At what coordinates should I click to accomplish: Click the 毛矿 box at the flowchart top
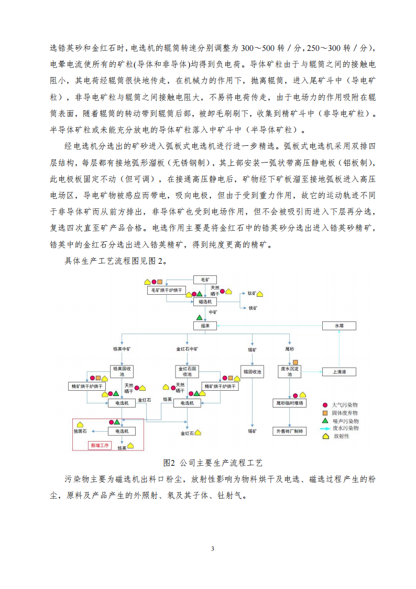pyautogui.click(x=205, y=280)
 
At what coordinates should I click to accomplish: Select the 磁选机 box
pyautogui.click(x=205, y=302)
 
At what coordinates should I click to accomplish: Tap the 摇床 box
pyautogui.click(x=205, y=326)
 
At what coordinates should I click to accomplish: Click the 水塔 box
pyautogui.click(x=339, y=326)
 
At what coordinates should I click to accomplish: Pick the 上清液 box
pyautogui.click(x=339, y=372)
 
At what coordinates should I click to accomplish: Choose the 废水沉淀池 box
pyautogui.click(x=290, y=371)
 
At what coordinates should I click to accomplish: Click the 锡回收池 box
pyautogui.click(x=252, y=372)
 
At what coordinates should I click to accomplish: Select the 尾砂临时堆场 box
pyautogui.click(x=290, y=403)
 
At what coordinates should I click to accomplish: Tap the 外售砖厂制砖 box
pyautogui.click(x=290, y=431)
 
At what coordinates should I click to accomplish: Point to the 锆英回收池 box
pyautogui.click(x=122, y=371)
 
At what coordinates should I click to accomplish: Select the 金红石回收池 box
pyautogui.click(x=187, y=371)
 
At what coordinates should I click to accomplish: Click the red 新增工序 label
pyautogui.click(x=100, y=445)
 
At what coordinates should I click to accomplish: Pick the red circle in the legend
pyautogui.click(x=325, y=405)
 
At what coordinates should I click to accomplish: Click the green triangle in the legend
pyautogui.click(x=325, y=421)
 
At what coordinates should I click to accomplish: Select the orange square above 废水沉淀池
pyautogui.click(x=295, y=362)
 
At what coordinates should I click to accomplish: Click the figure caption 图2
pyautogui.click(x=168, y=463)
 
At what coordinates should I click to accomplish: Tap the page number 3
pyautogui.click(x=212, y=549)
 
